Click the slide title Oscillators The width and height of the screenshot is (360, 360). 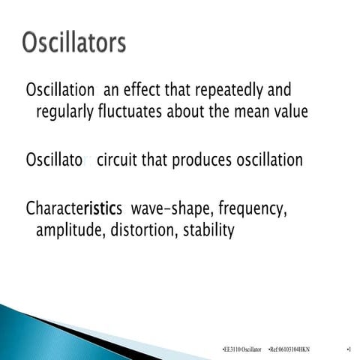coord(73,43)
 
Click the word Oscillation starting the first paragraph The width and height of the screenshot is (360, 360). coord(60,91)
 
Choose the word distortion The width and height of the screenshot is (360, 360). coord(143,230)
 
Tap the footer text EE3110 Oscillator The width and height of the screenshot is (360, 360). coord(241,350)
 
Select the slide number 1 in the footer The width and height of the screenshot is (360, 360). coord(349,350)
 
